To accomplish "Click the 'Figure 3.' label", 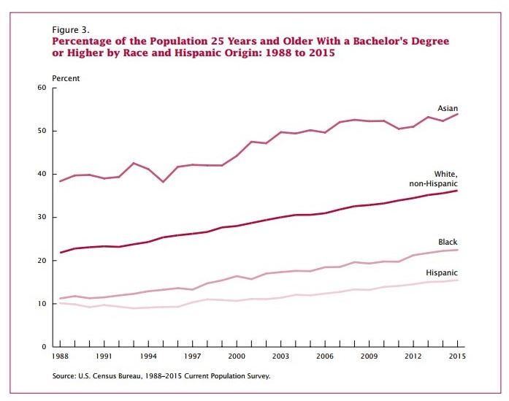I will (x=71, y=29).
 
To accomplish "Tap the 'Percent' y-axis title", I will (x=66, y=77).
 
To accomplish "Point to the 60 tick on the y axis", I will (x=42, y=88).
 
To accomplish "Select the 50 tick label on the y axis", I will (x=42, y=131).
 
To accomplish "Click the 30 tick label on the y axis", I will (x=42, y=217).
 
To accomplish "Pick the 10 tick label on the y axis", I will (x=42, y=303).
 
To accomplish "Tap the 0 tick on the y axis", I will (x=44, y=346).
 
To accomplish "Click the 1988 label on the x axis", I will (x=61, y=356).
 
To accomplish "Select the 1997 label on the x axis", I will (x=192, y=356).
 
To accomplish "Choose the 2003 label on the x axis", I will (x=280, y=356).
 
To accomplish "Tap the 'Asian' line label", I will (x=447, y=108).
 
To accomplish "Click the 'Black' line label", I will (x=448, y=242).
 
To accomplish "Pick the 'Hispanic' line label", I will (x=441, y=273).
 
